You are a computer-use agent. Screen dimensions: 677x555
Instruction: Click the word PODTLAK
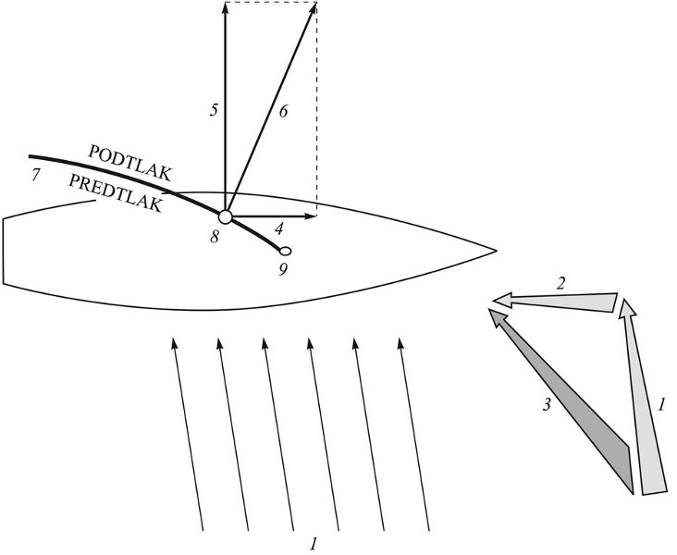[x=130, y=163]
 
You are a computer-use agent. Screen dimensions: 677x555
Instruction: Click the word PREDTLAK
[x=116, y=193]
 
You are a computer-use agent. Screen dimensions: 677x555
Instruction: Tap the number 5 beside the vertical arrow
[x=214, y=110]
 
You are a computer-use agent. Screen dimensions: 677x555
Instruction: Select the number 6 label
[x=283, y=111]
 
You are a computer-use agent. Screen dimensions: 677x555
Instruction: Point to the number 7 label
[x=36, y=176]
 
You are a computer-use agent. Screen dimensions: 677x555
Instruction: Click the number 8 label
[x=215, y=237]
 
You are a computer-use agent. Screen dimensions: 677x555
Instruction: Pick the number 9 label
[x=283, y=269]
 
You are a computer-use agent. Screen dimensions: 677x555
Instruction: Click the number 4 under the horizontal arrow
[x=279, y=228]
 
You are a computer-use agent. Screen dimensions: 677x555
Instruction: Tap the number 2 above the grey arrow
[x=560, y=284]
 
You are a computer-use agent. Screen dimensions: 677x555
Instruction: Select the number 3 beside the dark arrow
[x=547, y=405]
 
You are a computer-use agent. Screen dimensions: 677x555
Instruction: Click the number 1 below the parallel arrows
[x=314, y=544]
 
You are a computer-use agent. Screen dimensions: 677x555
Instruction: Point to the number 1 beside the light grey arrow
[x=660, y=404]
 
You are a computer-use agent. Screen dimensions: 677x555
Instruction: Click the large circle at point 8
[x=225, y=216]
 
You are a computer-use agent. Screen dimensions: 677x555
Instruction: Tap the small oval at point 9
[x=285, y=251]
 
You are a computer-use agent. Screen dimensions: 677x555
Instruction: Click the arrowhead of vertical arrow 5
[x=225, y=6]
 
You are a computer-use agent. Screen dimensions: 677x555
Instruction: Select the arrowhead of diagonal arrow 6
[x=314, y=7]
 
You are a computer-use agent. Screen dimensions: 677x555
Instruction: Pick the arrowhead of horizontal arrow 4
[x=312, y=216]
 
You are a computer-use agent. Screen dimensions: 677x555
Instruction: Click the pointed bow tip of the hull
[x=497, y=250]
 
